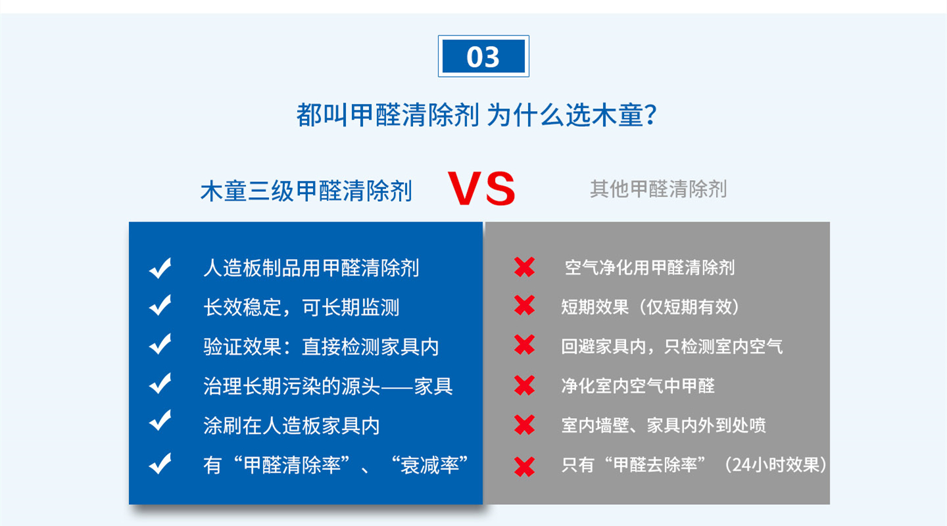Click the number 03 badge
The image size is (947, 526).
click(483, 57)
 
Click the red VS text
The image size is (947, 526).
click(481, 189)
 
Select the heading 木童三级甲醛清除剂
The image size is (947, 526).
click(306, 191)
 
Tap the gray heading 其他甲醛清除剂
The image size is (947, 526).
click(658, 189)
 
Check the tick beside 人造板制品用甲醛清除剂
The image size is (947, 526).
click(160, 268)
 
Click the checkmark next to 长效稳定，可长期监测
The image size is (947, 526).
click(160, 305)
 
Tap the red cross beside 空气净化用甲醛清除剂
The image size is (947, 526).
click(525, 267)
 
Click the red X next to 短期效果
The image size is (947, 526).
click(525, 305)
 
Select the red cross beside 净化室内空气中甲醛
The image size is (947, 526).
click(525, 385)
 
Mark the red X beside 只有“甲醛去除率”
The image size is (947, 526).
click(525, 467)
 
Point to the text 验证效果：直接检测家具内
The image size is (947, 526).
click(321, 347)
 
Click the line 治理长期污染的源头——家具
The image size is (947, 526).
click(328, 386)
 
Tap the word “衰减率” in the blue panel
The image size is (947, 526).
click(429, 465)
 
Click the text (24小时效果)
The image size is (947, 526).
click(775, 465)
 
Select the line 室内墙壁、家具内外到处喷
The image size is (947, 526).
click(664, 425)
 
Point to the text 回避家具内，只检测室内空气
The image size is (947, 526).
click(672, 347)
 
